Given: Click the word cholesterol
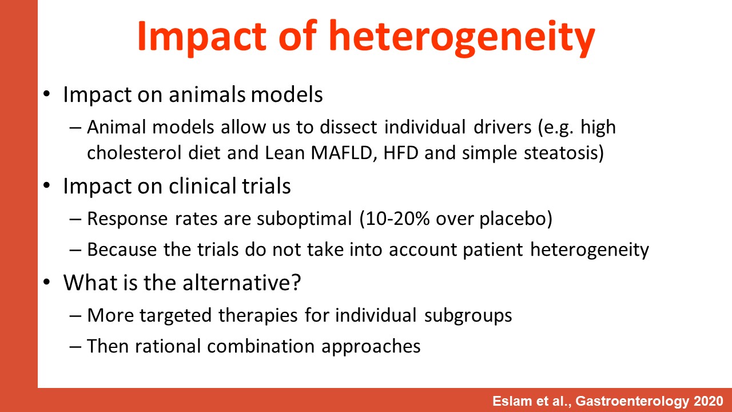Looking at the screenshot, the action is (134, 153).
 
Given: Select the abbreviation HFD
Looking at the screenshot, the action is (401, 153).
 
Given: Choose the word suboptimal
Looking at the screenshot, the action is (304, 219).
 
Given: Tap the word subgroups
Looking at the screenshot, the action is (468, 316).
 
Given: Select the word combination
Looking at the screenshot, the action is (261, 346).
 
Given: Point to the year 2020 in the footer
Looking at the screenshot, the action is (709, 401).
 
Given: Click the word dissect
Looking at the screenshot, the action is (348, 127).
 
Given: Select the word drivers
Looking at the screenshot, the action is (502, 127).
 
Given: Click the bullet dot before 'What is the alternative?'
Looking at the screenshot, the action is (47, 282).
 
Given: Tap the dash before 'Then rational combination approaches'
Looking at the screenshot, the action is (75, 347).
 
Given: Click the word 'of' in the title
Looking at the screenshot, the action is (297, 35).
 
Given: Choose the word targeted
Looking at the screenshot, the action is (176, 316).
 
